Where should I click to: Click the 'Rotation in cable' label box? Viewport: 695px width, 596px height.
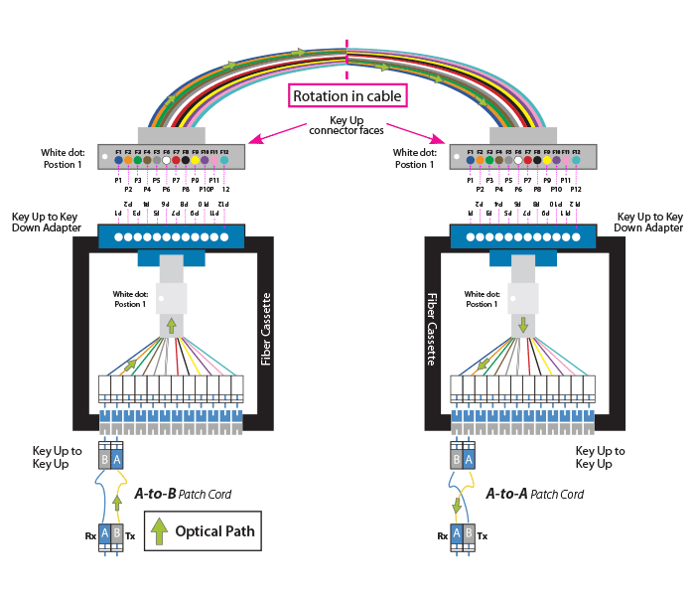tap(347, 96)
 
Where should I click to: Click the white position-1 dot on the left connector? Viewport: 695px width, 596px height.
tap(105, 157)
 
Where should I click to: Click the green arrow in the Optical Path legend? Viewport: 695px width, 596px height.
tap(159, 531)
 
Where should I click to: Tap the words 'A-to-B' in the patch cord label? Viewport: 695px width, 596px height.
tap(154, 494)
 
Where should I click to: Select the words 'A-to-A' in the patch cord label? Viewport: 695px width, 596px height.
tap(506, 494)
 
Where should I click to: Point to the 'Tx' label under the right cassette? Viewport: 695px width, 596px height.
tap(483, 536)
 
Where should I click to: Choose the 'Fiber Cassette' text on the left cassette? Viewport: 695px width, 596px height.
tap(266, 329)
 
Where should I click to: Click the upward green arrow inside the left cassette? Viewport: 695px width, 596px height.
tap(171, 325)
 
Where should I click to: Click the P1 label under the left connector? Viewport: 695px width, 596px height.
tap(118, 181)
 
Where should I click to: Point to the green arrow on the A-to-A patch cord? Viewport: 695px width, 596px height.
tap(458, 506)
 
